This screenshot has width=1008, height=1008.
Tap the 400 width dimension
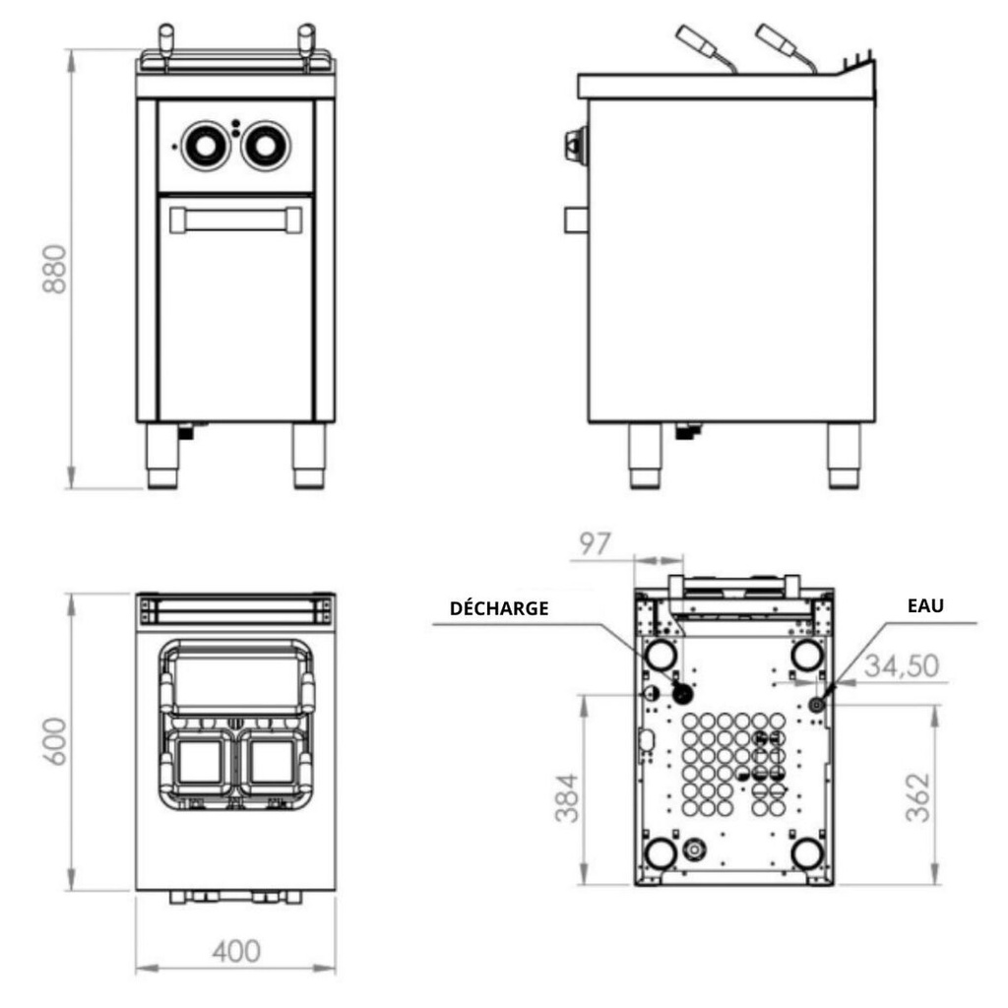tap(235, 952)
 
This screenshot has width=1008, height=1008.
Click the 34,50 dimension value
tap(900, 666)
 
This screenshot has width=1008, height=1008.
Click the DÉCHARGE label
tap(498, 608)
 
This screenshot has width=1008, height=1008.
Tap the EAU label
tap(924, 606)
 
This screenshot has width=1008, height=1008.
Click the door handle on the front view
tap(235, 218)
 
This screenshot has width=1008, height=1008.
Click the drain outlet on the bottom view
tap(679, 693)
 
